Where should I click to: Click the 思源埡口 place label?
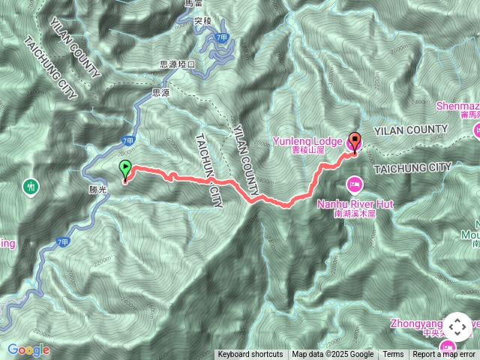(x=177, y=64)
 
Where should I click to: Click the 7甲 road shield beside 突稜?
(x=220, y=37)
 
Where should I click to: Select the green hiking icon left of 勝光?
(x=31, y=184)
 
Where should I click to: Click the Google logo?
(x=28, y=349)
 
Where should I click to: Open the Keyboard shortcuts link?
(x=250, y=355)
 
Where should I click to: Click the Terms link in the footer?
(x=393, y=355)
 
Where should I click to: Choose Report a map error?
(x=444, y=355)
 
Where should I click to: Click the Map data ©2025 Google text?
(x=333, y=355)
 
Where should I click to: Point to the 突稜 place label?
(x=202, y=22)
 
